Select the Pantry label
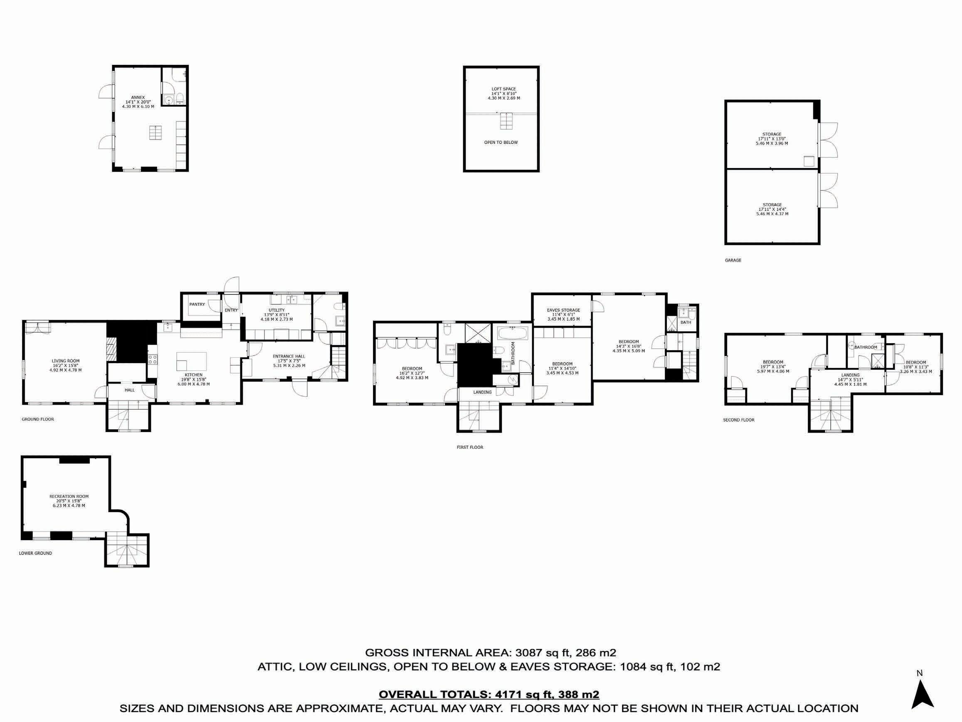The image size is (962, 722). coord(197,304)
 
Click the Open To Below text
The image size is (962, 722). coord(501,142)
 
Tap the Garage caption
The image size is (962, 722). coord(733,260)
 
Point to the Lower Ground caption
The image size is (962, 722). coord(35,553)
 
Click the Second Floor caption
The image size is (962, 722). coord(738,420)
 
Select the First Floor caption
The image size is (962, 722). coord(470,447)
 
